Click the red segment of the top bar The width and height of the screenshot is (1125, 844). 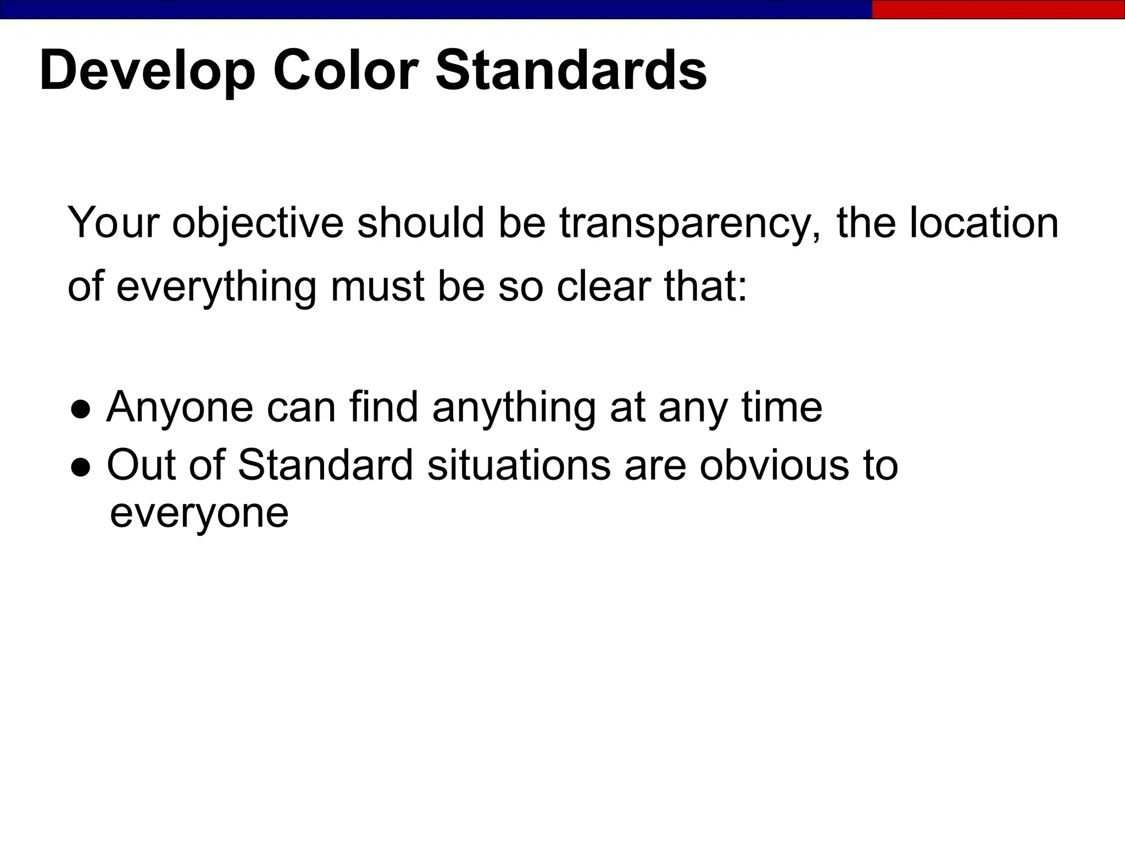[998, 9]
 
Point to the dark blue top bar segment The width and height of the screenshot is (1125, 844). [434, 9]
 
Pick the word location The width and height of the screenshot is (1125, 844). [983, 223]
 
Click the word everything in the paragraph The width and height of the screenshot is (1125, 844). [216, 287]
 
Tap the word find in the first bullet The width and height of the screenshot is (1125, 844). [383, 407]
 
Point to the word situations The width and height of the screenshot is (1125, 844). [518, 465]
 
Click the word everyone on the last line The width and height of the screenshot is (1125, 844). [199, 513]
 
